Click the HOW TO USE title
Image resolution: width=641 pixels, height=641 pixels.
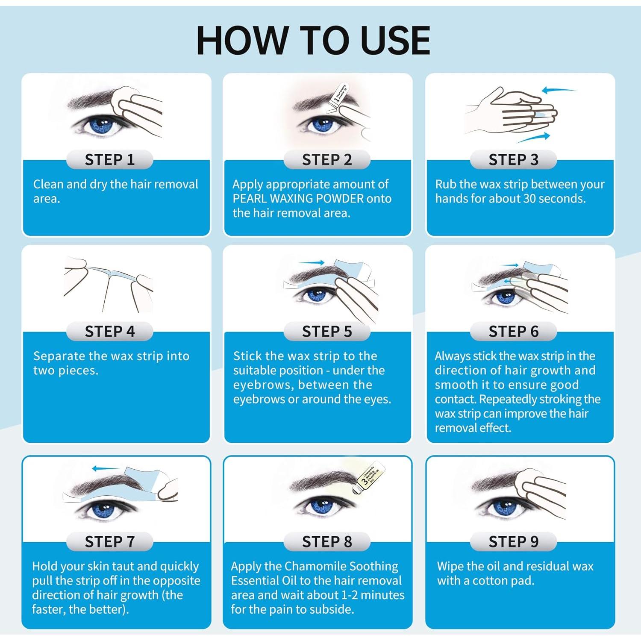[x=313, y=41]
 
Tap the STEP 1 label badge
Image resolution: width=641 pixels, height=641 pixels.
[x=110, y=160]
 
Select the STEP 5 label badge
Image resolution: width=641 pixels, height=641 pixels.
[x=327, y=332]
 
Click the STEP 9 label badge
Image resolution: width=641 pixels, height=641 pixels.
[x=513, y=542]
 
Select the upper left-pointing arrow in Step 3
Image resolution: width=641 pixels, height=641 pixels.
[x=558, y=90]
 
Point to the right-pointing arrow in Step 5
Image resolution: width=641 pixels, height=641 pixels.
[x=312, y=263]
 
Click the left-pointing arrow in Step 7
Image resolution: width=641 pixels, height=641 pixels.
[x=105, y=469]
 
